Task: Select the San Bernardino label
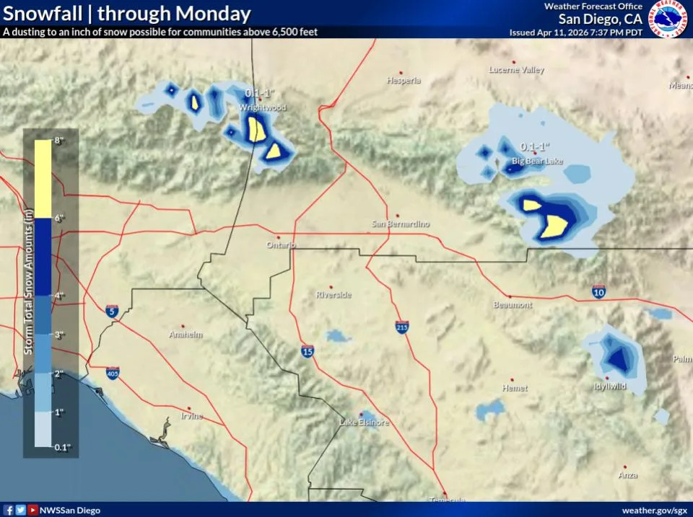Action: pos(401,224)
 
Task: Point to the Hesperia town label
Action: pos(404,81)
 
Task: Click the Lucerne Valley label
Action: pos(517,70)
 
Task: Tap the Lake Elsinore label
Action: pos(364,423)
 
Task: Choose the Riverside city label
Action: pos(334,295)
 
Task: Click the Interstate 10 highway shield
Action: pos(598,291)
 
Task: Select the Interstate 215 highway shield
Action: pos(403,327)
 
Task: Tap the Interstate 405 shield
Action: pos(113,372)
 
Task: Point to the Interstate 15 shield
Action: pos(308,351)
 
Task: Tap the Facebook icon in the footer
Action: pos(8,510)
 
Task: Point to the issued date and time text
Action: pos(575,32)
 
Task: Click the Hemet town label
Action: pos(515,388)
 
